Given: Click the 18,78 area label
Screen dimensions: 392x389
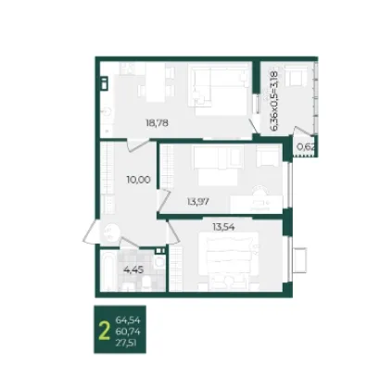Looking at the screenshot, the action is [x=157, y=123].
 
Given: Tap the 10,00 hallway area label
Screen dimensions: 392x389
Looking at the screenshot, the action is [x=138, y=180].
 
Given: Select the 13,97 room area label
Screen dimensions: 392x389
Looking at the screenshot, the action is [x=198, y=202].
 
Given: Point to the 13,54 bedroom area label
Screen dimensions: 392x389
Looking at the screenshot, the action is [x=223, y=227].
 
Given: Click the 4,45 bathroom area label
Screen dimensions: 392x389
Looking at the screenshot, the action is [x=133, y=270].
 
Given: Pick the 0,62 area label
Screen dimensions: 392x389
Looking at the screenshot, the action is [x=306, y=147].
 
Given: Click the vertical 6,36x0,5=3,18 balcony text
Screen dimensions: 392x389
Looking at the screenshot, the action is [x=274, y=101].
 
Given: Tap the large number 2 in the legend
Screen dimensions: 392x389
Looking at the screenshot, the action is [x=104, y=330].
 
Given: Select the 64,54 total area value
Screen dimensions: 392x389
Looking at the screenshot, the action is [x=128, y=320].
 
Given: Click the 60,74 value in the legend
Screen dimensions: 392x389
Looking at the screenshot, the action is [x=128, y=332].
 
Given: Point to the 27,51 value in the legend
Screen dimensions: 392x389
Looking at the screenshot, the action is [x=126, y=343].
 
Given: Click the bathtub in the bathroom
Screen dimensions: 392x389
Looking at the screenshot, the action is [x=107, y=271].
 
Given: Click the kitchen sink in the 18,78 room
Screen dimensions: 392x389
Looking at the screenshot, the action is [x=107, y=113].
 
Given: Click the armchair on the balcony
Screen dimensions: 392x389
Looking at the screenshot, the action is [x=296, y=76].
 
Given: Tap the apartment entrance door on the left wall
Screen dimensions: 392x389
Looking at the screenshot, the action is [x=91, y=232].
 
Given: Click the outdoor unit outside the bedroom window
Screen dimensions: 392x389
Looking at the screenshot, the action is [x=299, y=260].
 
